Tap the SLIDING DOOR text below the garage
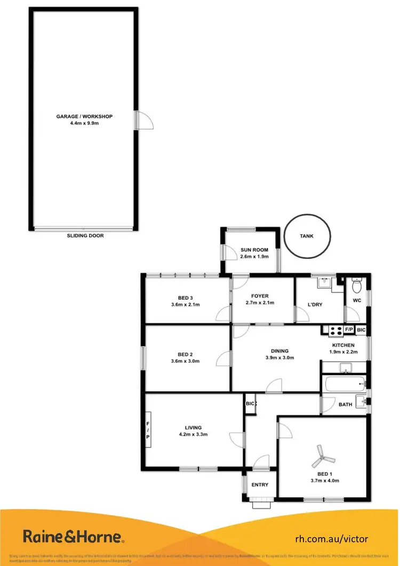pyautogui.click(x=85, y=235)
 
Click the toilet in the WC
pyautogui.click(x=357, y=287)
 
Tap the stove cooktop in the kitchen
pyautogui.click(x=335, y=331)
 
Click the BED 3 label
pyautogui.click(x=185, y=298)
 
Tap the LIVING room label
pyautogui.click(x=193, y=427)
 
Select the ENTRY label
pyautogui.click(x=260, y=485)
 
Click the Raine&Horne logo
pyautogui.click(x=74, y=536)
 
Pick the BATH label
pyautogui.click(x=345, y=404)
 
